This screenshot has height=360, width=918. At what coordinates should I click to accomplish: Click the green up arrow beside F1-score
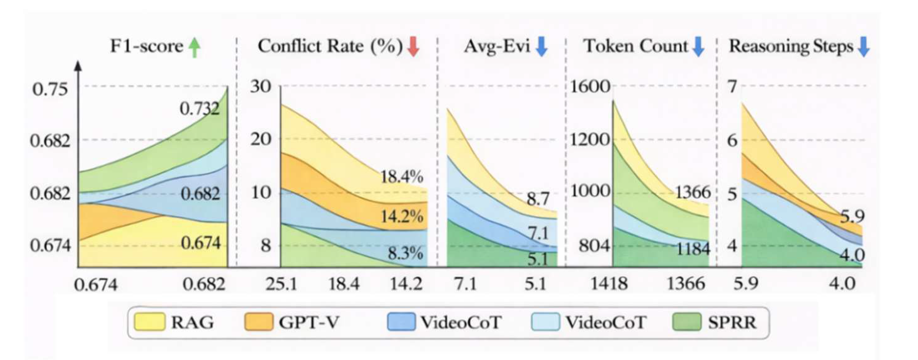194,48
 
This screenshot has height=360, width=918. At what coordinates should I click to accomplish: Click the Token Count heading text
635,46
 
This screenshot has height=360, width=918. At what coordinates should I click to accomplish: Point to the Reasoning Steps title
791,46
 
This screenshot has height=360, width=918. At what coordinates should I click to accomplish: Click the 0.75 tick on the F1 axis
50,89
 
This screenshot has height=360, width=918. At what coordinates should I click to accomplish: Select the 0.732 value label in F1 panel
199,108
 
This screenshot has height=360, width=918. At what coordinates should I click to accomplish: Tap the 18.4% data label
402,176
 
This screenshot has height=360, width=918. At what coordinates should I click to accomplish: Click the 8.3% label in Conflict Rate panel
405,254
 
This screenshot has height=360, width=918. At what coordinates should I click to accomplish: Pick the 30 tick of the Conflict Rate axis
260,87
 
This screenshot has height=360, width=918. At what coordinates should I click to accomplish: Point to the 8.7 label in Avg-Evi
538,198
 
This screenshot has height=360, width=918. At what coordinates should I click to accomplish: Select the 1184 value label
693,249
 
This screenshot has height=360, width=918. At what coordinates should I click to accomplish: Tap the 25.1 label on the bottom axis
281,284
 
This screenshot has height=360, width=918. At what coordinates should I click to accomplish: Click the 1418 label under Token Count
609,284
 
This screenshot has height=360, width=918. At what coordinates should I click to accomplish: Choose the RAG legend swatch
150,322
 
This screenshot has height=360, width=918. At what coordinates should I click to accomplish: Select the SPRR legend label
732,322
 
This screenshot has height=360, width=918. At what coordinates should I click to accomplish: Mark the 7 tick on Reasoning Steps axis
732,87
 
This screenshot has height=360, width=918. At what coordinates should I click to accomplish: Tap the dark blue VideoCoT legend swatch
401,322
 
